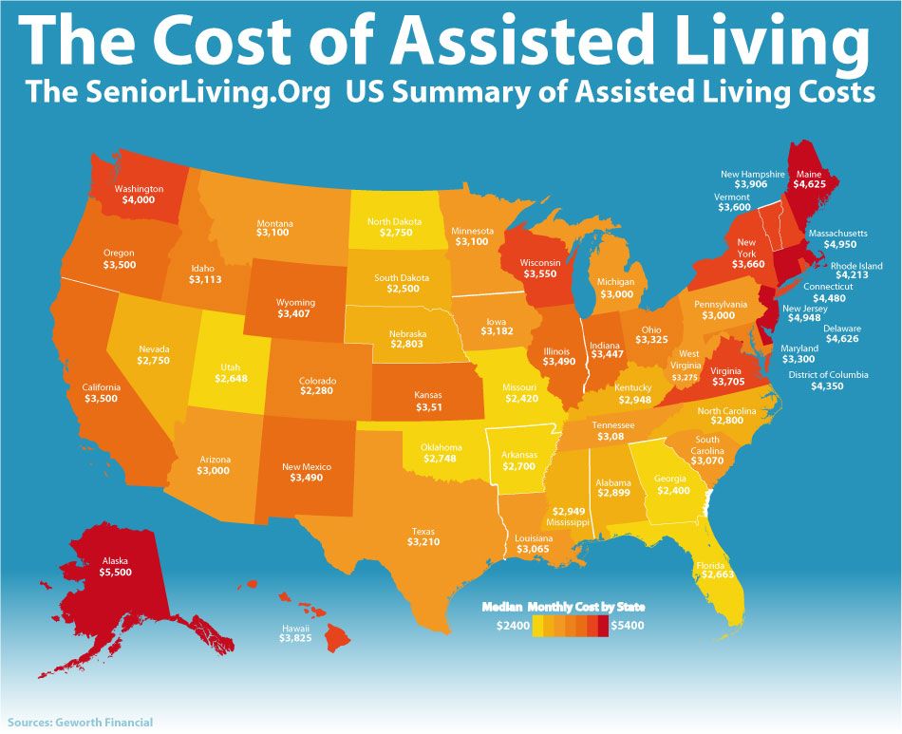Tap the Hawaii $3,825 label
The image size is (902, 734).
click(294, 640)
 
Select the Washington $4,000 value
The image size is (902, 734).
click(139, 200)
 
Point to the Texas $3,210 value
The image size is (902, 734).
click(424, 542)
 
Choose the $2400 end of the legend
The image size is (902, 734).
click(513, 626)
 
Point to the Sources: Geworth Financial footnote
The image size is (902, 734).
click(80, 723)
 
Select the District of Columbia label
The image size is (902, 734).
click(828, 375)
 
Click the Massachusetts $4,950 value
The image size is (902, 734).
click(840, 245)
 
